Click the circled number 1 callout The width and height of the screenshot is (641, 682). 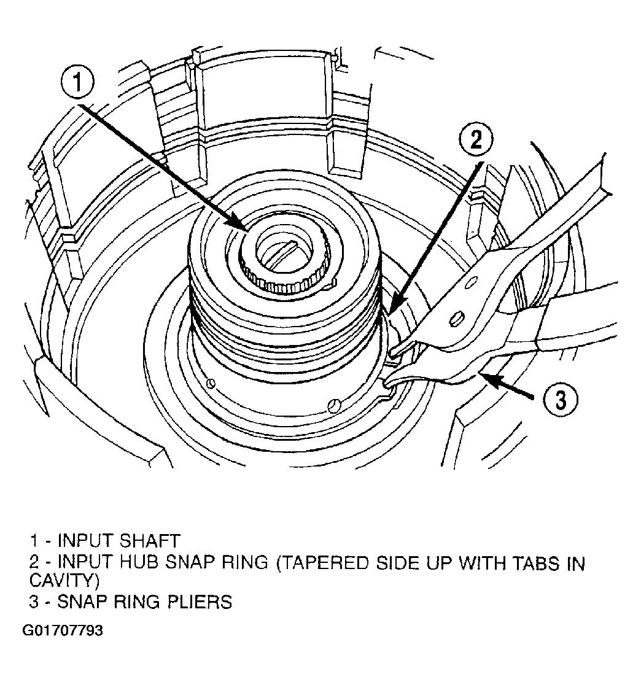coord(77,82)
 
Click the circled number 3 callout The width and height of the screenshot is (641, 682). coord(561,399)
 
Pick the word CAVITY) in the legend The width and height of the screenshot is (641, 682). coord(64,580)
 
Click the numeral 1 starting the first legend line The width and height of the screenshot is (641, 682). coord(34,541)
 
